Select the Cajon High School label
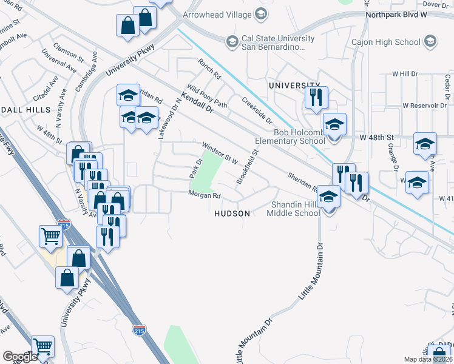click(386, 42)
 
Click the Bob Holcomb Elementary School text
click(291, 137)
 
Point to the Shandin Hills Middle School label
click(295, 209)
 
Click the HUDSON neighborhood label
click(232, 214)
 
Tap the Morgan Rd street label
click(204, 195)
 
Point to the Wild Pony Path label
click(207, 96)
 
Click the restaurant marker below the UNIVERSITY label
click(316, 98)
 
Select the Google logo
click(20, 357)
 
